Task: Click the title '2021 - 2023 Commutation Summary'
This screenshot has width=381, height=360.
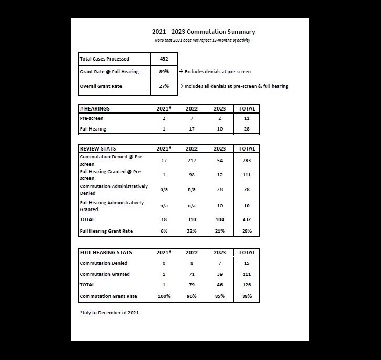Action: (203, 32)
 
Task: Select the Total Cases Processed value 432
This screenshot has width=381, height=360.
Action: (164, 59)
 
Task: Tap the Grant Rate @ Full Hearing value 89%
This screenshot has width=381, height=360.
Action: (164, 71)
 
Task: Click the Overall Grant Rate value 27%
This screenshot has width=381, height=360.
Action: (164, 86)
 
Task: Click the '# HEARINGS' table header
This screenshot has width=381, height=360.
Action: (95, 109)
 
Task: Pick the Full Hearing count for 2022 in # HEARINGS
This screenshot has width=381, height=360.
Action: (192, 129)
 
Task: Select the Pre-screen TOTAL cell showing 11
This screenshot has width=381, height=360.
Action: (247, 119)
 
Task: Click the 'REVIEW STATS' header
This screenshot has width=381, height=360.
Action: (98, 149)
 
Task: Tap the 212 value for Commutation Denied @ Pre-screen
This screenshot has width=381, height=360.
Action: (192, 160)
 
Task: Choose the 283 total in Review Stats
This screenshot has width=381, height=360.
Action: (247, 160)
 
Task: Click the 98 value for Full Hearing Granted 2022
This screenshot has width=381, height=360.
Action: (192, 175)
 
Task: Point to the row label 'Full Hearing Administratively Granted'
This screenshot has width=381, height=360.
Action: (112, 206)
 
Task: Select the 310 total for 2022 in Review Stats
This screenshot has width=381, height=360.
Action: (192, 219)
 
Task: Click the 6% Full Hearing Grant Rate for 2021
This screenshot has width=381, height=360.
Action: (164, 231)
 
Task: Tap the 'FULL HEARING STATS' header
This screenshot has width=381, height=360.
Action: (106, 253)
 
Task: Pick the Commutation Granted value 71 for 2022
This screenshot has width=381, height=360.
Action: (192, 274)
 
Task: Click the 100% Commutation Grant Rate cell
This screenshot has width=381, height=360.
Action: (164, 296)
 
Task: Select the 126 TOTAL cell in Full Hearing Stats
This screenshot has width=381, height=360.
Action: (247, 285)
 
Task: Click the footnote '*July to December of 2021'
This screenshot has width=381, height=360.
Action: (109, 313)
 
